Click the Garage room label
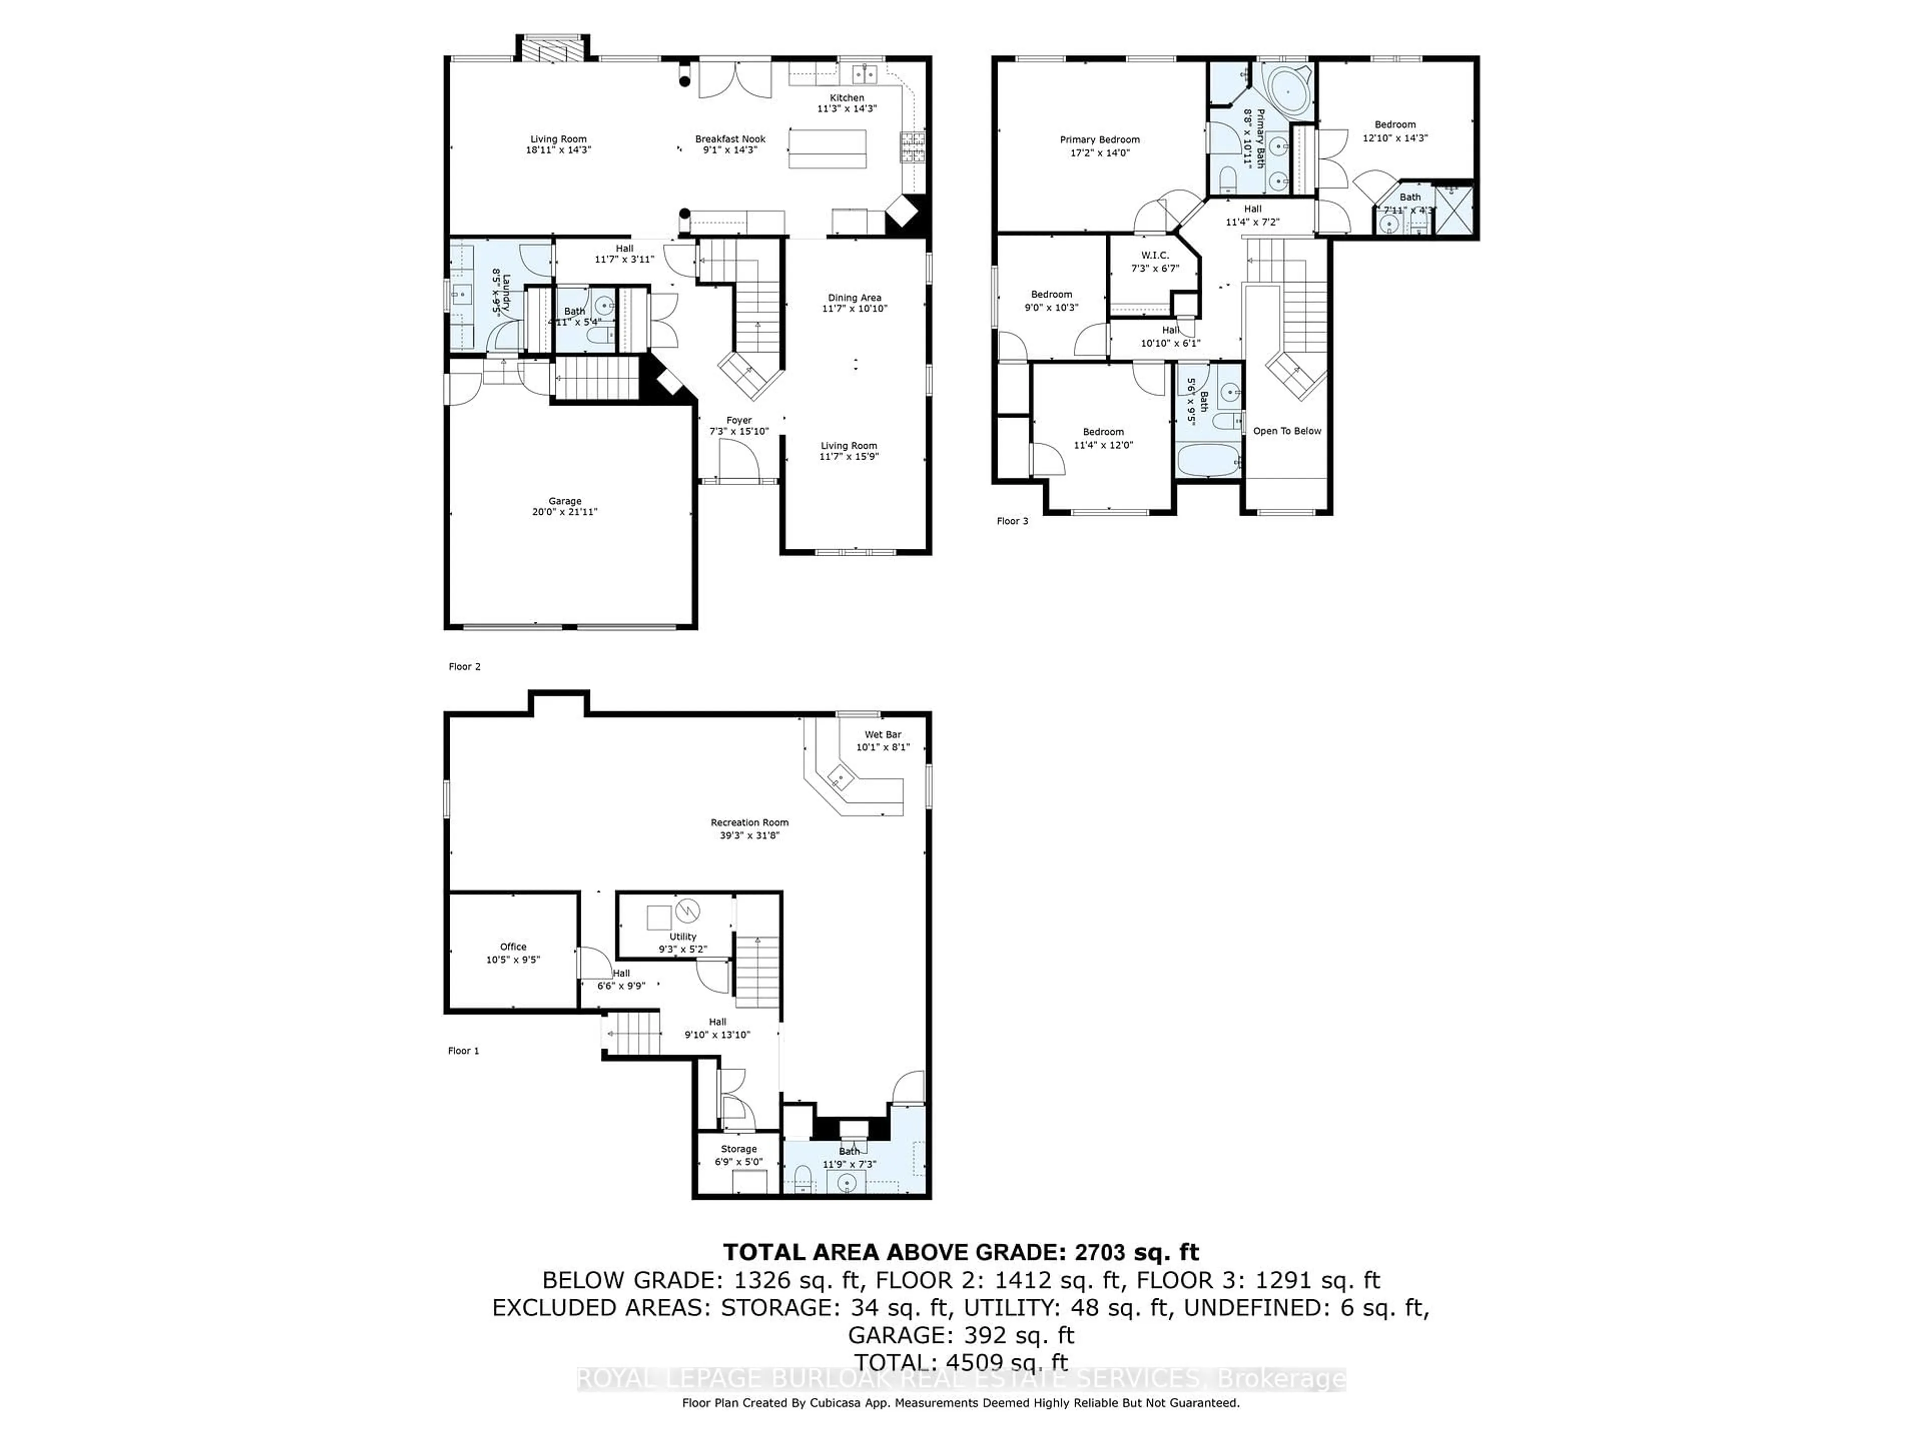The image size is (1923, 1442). (x=564, y=502)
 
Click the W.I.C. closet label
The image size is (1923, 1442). (x=1154, y=255)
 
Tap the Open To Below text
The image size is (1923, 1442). (x=1287, y=431)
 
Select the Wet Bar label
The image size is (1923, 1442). (x=882, y=735)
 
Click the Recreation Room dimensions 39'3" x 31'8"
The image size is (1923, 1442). (x=749, y=835)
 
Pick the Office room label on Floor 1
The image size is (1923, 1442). (x=513, y=946)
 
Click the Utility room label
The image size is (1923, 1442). (x=683, y=937)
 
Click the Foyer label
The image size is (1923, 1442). (x=739, y=421)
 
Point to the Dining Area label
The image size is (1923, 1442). (x=854, y=297)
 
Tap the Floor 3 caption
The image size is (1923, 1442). (x=1012, y=522)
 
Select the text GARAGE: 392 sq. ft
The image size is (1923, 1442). (x=960, y=1335)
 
